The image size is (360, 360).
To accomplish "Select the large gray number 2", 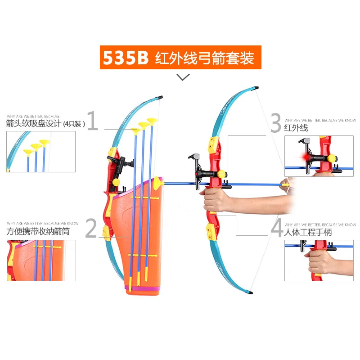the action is point(91,228).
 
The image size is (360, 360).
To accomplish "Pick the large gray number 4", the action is point(276,228).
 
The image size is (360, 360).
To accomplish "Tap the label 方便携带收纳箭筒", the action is point(38,232).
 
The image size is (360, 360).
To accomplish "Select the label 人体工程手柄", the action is point(308,233).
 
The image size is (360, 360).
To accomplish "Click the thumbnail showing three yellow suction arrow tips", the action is point(41,151).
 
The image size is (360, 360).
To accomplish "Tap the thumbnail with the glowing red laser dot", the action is point(319,156).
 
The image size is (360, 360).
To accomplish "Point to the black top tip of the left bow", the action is point(161,97).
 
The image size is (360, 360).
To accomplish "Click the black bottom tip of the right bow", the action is point(250,292).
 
